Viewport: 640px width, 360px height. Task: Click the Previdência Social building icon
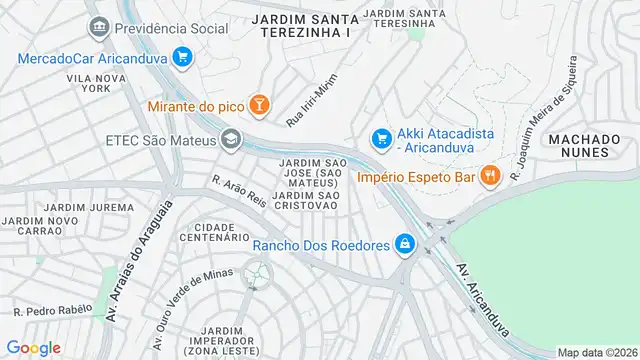98,26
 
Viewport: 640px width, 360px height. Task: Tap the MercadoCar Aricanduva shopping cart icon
181,57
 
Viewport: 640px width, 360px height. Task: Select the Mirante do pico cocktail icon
259,105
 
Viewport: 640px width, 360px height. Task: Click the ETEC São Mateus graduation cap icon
232,139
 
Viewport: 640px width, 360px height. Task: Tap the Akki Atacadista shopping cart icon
380,137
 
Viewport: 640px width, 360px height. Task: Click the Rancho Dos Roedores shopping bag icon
404,243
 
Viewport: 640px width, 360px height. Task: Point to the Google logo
33,347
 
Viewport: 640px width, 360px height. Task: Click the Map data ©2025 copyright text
596,352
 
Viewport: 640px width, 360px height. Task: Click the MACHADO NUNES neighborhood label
578,145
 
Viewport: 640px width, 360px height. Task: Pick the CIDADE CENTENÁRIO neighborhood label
215,232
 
